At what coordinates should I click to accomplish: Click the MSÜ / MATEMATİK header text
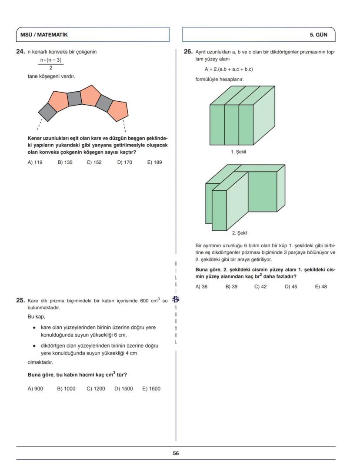coord(44,35)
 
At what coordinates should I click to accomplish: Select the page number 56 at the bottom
coord(176,453)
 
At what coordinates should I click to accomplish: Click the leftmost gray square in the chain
coord(47,112)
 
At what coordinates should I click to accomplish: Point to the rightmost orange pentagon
coord(118,110)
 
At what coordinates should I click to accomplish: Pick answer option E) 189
coord(154,162)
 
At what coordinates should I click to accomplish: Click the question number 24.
coord(20,52)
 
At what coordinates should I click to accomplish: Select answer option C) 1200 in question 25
coord(96,388)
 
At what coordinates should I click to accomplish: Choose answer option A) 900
coord(35,388)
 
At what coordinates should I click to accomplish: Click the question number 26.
coord(188,52)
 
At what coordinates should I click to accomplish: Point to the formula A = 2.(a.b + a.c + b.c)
coord(229,69)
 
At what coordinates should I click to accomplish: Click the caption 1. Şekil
coord(239,152)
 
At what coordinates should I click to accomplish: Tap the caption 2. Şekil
coord(240,233)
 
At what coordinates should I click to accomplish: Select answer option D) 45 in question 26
coord(291,286)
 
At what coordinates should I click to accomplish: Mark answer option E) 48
coord(320,286)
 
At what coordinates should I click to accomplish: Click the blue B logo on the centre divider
coord(176,299)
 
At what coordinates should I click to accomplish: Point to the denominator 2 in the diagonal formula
coord(50,68)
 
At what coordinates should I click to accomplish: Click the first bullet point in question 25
coord(34,328)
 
